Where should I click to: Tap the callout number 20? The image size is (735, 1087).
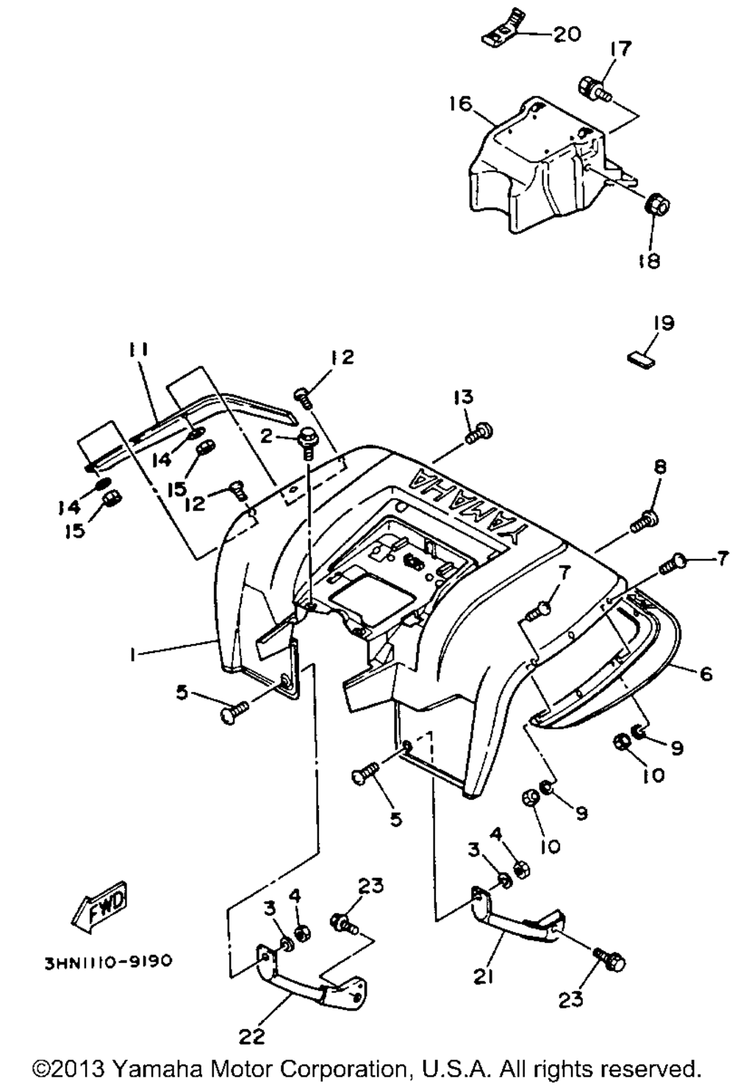pos(566,34)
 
